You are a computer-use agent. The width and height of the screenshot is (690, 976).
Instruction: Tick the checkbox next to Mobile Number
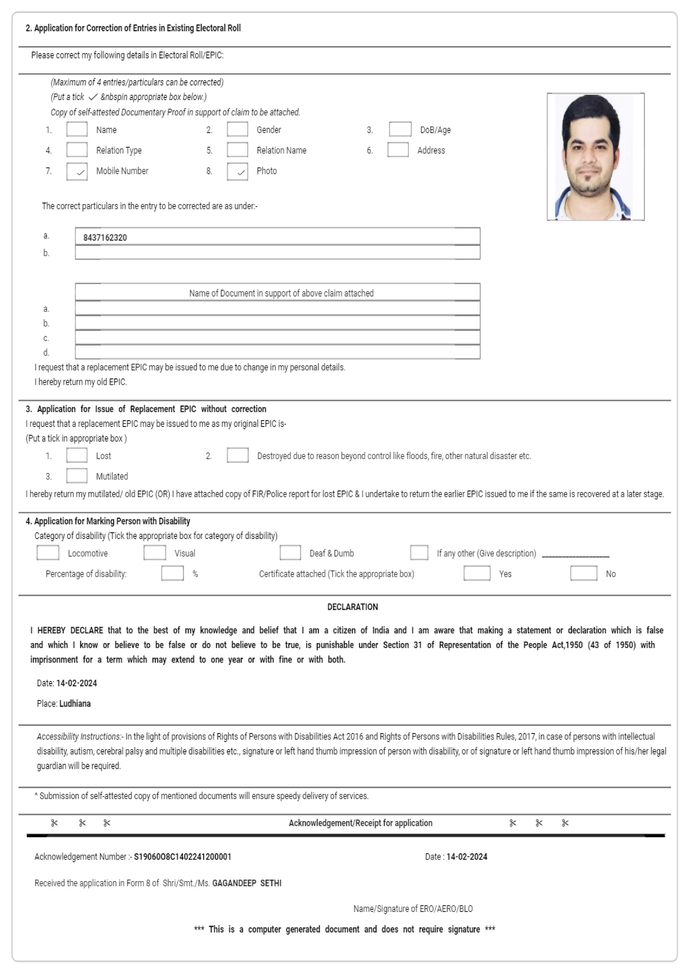tap(77, 171)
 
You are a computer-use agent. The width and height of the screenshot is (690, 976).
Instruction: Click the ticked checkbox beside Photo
tap(237, 171)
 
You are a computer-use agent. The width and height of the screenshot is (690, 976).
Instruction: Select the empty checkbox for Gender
tap(237, 129)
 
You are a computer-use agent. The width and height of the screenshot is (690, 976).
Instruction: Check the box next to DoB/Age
tap(400, 129)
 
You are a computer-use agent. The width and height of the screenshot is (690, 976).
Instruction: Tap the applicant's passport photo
tap(595, 156)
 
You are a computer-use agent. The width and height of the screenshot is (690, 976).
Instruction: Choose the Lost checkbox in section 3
tap(77, 455)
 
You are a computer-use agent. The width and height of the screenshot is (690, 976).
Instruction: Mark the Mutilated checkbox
tap(77, 476)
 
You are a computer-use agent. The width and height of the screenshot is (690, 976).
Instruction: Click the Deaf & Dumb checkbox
tap(290, 553)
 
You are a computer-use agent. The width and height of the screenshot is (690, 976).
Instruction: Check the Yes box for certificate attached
tap(477, 573)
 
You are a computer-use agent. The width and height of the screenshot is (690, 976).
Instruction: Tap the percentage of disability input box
tap(172, 573)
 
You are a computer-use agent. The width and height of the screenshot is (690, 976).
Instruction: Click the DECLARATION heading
tap(352, 607)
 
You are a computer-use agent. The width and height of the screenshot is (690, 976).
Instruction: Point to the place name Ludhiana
tap(75, 703)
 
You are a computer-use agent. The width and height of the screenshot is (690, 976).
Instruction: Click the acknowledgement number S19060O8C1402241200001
tap(183, 857)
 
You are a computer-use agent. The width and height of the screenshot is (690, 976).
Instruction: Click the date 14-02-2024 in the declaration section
tap(76, 683)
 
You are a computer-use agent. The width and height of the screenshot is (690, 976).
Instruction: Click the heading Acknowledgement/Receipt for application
tap(360, 823)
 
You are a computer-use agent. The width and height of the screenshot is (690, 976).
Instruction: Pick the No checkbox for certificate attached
tap(583, 573)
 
